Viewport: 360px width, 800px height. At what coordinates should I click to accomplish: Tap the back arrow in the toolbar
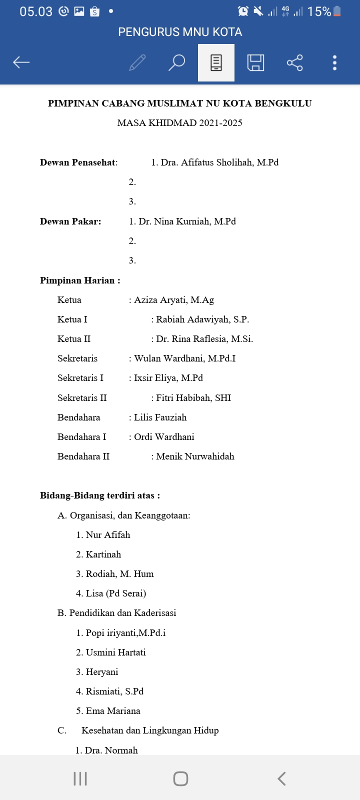[x=21, y=62]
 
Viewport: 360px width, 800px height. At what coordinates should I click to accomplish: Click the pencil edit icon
[x=137, y=62]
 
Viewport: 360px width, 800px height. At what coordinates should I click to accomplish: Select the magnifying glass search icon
[x=176, y=62]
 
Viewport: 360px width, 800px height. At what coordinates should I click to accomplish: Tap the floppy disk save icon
[x=255, y=62]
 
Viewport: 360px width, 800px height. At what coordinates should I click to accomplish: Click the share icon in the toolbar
[x=295, y=62]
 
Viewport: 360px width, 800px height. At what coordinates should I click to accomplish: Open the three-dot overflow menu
[x=334, y=62]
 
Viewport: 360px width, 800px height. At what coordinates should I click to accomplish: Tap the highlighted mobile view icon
[x=216, y=62]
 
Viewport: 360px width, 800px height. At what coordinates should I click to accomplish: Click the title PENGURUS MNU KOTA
[x=180, y=32]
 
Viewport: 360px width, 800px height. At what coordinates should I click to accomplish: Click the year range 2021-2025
[x=220, y=123]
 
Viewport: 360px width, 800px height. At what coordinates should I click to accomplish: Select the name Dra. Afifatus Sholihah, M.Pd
[x=219, y=162]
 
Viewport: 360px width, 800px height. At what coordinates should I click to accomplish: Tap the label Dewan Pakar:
[x=70, y=221]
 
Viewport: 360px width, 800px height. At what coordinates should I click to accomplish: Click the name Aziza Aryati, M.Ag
[x=174, y=300]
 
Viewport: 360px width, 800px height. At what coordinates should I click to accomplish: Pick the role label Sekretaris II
[x=82, y=398]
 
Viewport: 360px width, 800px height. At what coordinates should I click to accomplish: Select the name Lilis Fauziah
[x=160, y=417]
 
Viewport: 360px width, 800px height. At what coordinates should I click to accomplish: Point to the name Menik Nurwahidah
[x=195, y=456]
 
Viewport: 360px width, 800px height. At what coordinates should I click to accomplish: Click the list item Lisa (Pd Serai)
[x=116, y=593]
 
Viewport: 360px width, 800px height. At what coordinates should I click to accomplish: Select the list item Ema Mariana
[x=113, y=711]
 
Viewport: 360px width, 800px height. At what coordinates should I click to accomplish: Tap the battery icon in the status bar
[x=337, y=11]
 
